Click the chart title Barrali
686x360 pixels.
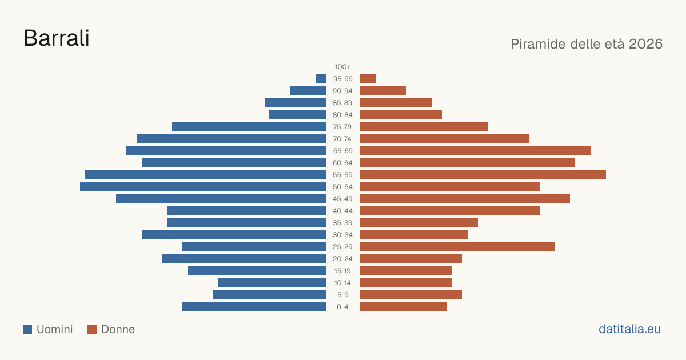click(x=57, y=38)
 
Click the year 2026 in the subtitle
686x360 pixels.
click(x=645, y=44)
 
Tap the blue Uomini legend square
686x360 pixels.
click(x=27, y=329)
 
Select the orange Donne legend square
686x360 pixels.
click(x=92, y=329)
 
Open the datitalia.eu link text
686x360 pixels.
click(x=629, y=329)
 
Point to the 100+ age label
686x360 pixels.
click(x=342, y=67)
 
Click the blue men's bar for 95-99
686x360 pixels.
click(x=321, y=79)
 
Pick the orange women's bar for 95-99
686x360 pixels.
click(x=368, y=79)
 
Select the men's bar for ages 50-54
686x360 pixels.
click(x=203, y=187)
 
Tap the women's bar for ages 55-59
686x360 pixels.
click(x=483, y=175)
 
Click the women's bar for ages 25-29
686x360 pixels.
click(x=457, y=247)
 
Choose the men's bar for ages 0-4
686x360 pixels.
click(x=254, y=307)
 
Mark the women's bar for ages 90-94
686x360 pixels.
click(x=383, y=91)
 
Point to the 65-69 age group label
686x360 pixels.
click(x=342, y=151)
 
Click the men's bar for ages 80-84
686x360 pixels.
click(x=298, y=115)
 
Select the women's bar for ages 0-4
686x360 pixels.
click(x=404, y=307)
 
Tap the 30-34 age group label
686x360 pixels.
click(x=342, y=235)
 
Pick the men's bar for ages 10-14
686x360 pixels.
click(x=272, y=282)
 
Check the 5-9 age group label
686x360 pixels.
click(x=342, y=295)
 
